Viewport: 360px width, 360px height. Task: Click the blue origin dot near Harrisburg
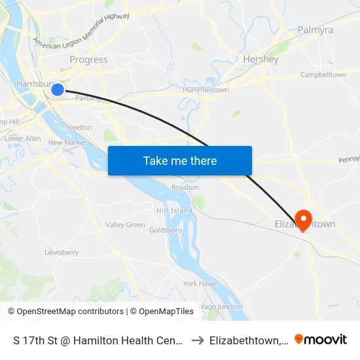pos(58,90)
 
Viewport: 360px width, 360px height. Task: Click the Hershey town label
pos(261,59)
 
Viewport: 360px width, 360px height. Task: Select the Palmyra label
pos(315,30)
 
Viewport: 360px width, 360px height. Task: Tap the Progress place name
pos(88,60)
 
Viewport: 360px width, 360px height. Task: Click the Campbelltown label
pos(323,75)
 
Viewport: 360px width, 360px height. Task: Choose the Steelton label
pos(79,127)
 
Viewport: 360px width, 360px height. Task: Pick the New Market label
pos(67,143)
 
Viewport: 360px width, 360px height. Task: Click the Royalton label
pos(185,187)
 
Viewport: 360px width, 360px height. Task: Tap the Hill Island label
pos(174,210)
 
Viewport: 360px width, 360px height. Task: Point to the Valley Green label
pos(125,225)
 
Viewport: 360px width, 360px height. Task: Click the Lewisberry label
pos(62,252)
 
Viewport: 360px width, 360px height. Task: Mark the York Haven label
pos(201,283)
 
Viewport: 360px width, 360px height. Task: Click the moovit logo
pos(321,340)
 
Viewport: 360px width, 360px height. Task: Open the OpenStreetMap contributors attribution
pos(66,312)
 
